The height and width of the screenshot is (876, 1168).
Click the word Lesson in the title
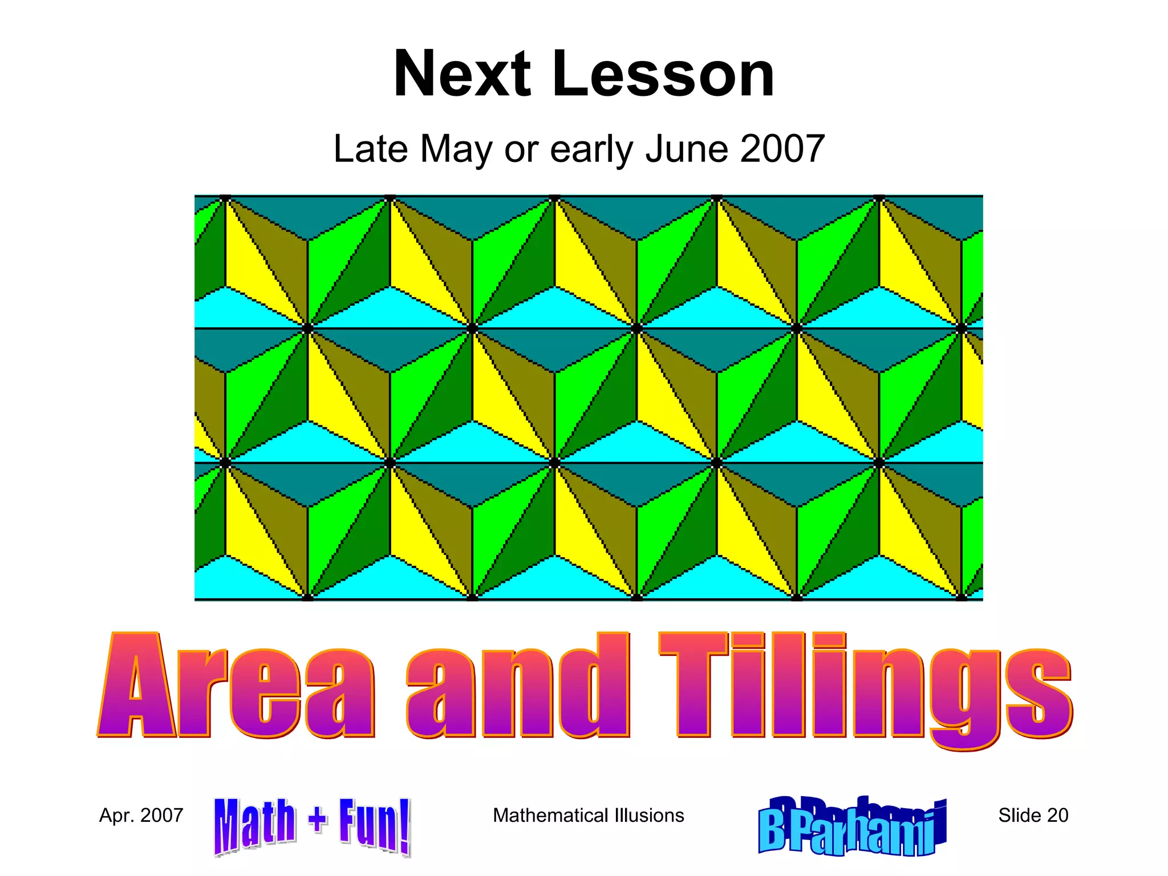(663, 74)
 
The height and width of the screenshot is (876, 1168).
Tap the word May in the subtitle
(456, 149)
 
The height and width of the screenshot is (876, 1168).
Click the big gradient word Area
(236, 686)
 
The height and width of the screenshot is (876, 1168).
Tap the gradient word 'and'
(518, 686)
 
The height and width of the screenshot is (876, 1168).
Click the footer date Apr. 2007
(141, 816)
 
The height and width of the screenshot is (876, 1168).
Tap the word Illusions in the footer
(650, 816)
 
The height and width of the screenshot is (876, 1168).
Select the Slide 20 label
(1033, 816)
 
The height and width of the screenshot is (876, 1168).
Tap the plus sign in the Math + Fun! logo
(318, 820)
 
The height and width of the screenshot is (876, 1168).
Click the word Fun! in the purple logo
(374, 826)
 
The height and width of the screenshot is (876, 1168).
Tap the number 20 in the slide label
(1057, 816)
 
